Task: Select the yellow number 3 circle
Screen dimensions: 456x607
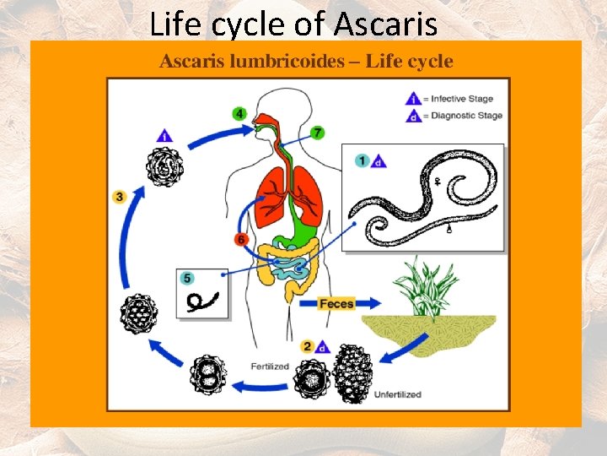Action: (x=119, y=197)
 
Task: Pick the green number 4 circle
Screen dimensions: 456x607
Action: (x=240, y=113)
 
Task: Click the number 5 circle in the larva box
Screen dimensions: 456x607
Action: (x=187, y=278)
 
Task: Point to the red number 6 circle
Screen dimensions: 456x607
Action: (x=242, y=239)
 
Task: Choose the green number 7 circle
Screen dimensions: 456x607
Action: (x=317, y=133)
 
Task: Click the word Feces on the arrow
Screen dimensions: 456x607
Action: (x=336, y=303)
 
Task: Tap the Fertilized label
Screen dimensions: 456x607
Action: (x=270, y=366)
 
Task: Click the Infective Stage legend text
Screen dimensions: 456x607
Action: (x=461, y=99)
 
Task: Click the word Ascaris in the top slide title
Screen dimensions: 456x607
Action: (x=385, y=24)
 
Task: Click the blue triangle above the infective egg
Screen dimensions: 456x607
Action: (x=164, y=134)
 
